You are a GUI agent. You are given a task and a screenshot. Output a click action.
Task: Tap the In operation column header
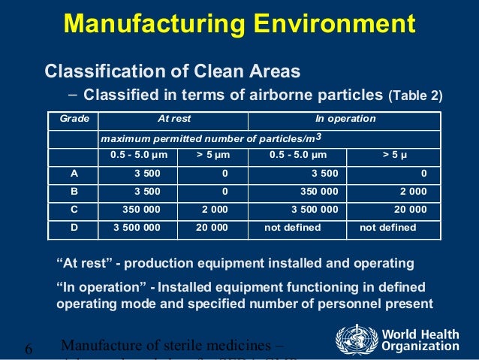(x=345, y=119)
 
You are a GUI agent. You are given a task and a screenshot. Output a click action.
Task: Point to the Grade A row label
(x=74, y=173)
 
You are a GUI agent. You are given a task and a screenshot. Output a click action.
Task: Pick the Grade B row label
(x=74, y=191)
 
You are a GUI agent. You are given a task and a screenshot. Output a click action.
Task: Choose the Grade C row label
(x=74, y=209)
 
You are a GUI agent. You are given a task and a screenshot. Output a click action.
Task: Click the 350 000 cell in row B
(x=319, y=191)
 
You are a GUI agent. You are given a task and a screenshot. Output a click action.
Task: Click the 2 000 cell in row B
(x=414, y=191)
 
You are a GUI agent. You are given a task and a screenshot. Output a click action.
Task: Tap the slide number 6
(x=29, y=349)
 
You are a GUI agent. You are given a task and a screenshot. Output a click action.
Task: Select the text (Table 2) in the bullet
(x=415, y=96)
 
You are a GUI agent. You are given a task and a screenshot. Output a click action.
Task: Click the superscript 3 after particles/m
(x=318, y=136)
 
